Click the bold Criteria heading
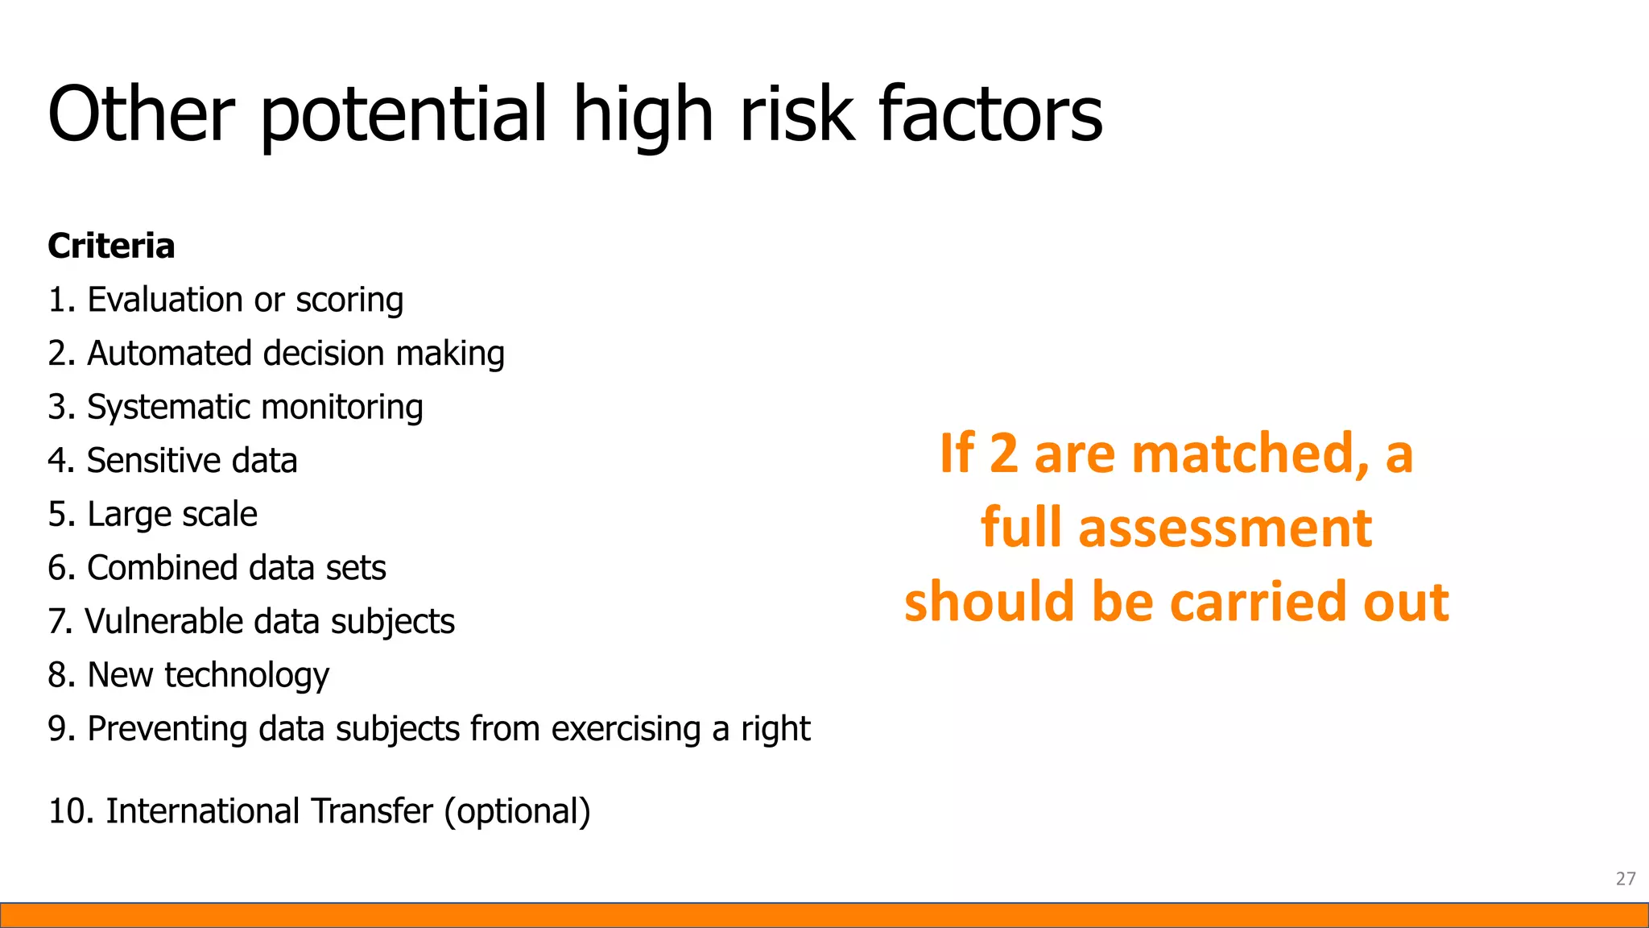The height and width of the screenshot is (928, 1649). [111, 246]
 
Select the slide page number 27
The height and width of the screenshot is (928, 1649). [1625, 879]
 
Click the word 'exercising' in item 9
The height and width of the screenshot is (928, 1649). [626, 729]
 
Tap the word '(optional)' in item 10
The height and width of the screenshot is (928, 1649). [517, 811]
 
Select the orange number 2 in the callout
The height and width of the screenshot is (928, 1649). [1003, 454]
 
